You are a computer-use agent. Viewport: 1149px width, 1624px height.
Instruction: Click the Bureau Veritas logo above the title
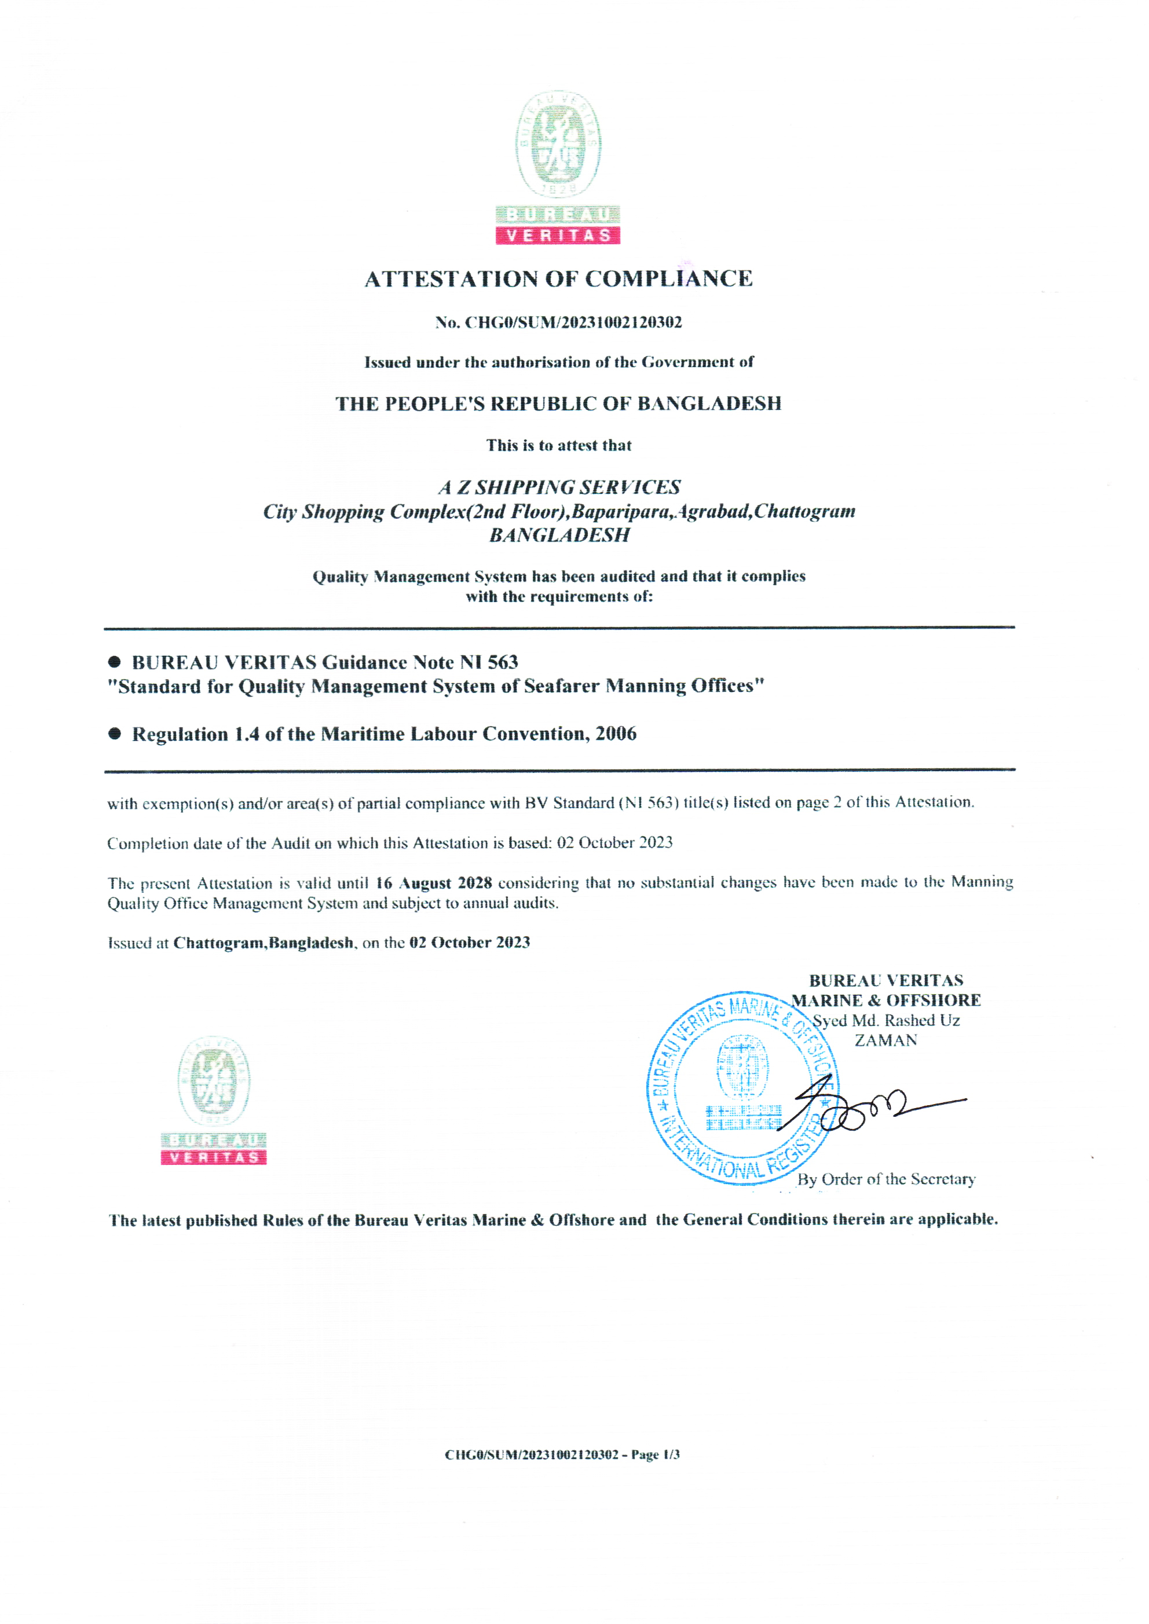click(x=558, y=168)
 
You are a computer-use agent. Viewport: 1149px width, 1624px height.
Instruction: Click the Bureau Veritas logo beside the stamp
click(x=214, y=1100)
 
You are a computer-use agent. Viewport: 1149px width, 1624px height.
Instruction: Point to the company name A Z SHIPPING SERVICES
click(x=559, y=487)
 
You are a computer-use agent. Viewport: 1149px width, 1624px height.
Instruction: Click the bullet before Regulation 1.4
click(x=115, y=734)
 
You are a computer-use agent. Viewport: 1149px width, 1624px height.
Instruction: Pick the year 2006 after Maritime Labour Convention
click(x=616, y=734)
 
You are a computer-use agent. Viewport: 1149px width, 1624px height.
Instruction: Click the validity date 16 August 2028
click(x=433, y=883)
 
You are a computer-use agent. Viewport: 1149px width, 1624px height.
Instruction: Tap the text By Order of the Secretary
click(x=886, y=1179)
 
